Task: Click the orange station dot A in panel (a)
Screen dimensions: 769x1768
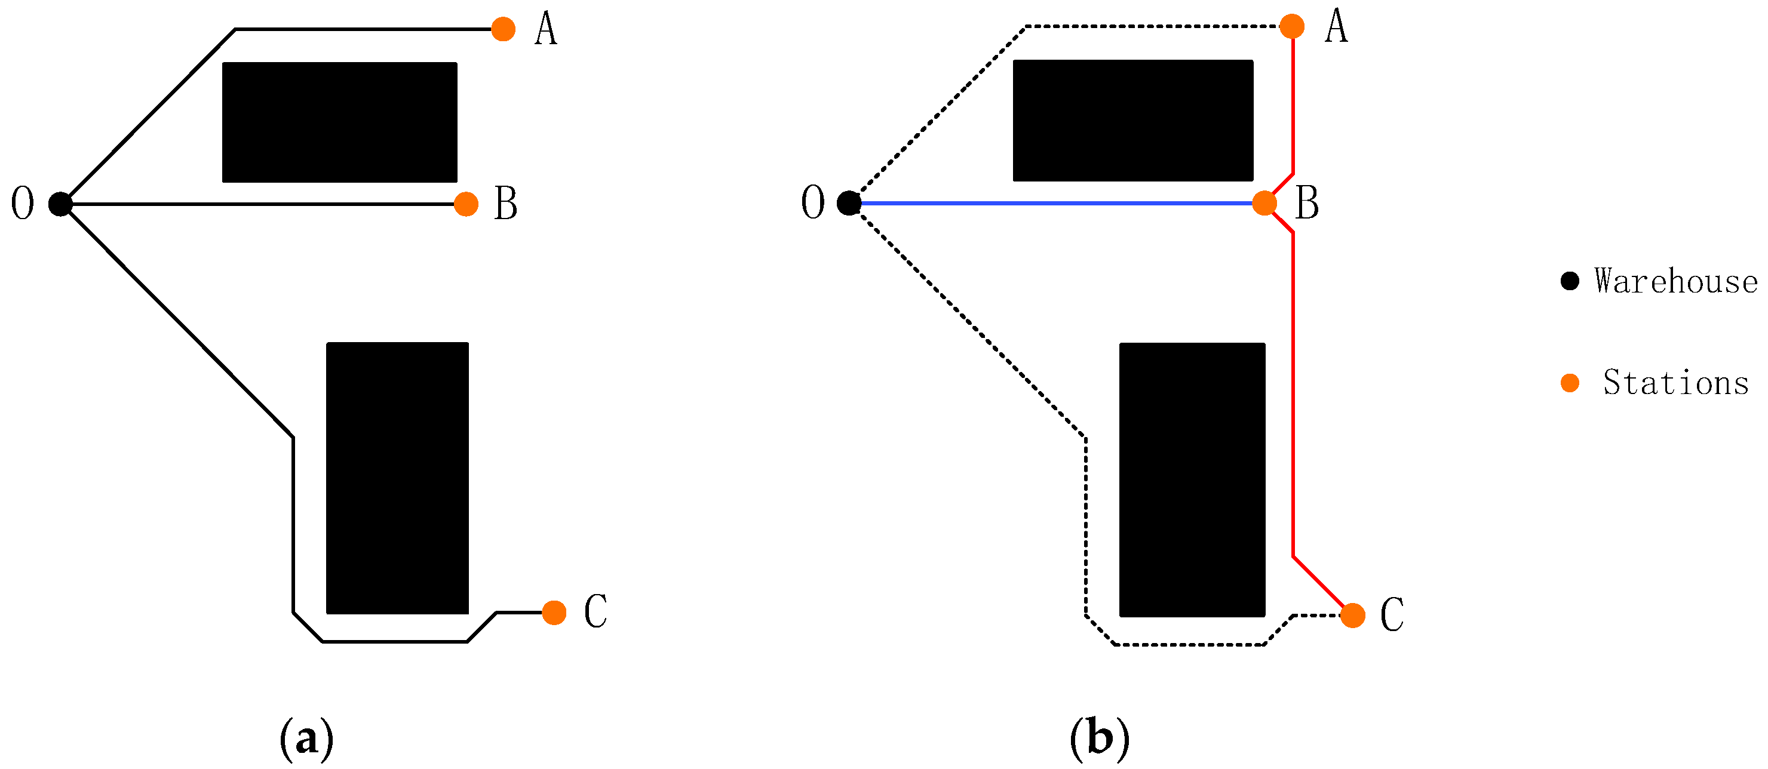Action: [x=503, y=29]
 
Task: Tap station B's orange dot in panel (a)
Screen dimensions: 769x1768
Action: [x=466, y=204]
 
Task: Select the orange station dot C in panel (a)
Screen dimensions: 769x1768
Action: [x=554, y=613]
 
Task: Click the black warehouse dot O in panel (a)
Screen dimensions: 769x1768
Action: [x=60, y=204]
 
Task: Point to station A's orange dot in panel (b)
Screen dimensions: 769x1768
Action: [x=1293, y=27]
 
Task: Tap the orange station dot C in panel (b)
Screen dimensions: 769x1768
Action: [x=1353, y=616]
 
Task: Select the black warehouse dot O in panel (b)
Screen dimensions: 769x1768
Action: [x=849, y=203]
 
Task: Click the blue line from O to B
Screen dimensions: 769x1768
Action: [x=1057, y=203]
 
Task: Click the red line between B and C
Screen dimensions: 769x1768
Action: [x=1294, y=398]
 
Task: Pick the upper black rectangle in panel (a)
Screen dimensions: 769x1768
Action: [x=340, y=122]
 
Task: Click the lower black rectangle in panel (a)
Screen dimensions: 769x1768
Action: [x=397, y=478]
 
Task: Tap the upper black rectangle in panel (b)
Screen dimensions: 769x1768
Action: [x=1133, y=121]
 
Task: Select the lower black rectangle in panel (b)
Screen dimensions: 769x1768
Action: [x=1192, y=479]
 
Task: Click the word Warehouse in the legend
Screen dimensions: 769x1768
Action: [x=1676, y=281]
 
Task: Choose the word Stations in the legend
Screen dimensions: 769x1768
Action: [x=1676, y=383]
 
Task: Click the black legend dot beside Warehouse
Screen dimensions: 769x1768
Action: [x=1570, y=281]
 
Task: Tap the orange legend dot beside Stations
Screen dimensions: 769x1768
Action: [x=1570, y=383]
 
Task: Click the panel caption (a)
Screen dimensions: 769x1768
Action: [x=307, y=739]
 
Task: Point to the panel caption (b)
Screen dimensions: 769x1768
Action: [x=1099, y=739]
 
